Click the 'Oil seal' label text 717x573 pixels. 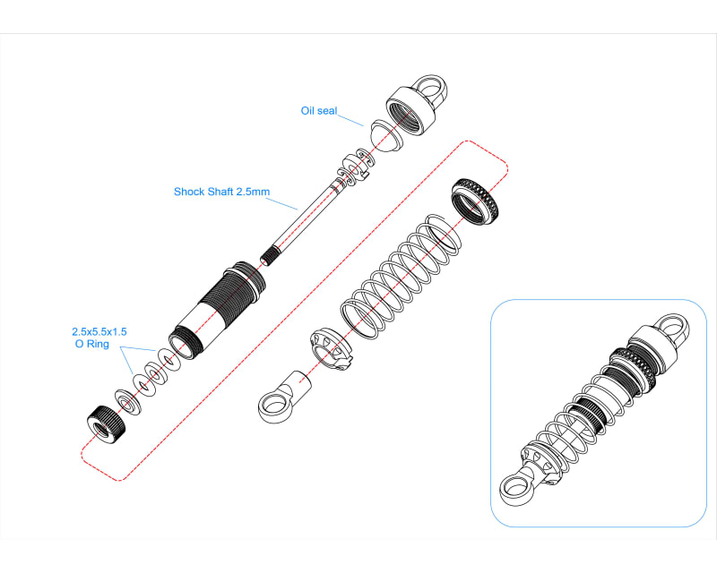click(320, 111)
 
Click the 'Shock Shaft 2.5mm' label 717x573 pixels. click(221, 192)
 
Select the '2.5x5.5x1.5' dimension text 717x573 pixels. click(99, 330)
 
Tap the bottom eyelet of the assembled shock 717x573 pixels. click(514, 491)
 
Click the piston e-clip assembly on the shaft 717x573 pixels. click(353, 168)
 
